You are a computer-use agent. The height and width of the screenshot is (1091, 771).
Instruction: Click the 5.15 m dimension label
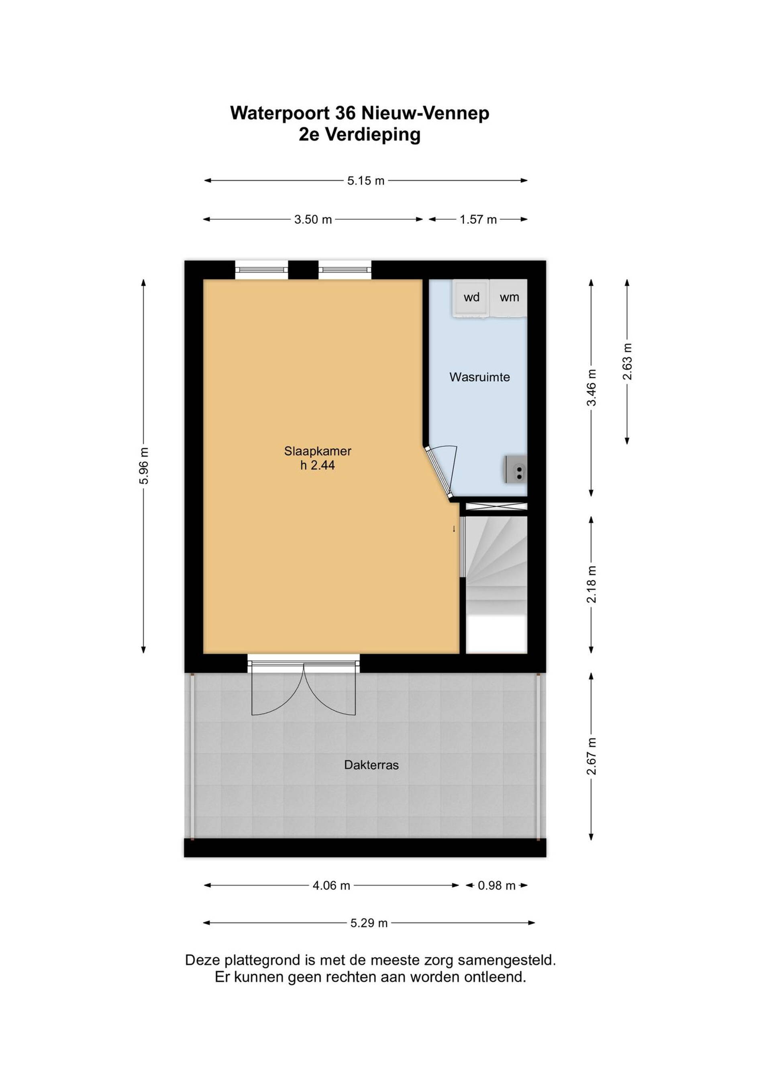point(365,180)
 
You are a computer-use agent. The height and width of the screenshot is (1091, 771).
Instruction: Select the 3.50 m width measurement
point(313,219)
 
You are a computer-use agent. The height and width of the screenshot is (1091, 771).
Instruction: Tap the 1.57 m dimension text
point(478,219)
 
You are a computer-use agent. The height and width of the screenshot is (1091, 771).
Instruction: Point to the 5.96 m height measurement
point(144,466)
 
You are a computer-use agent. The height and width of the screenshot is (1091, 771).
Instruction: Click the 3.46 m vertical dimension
point(592,388)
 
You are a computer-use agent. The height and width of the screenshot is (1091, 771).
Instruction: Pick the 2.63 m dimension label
point(628,361)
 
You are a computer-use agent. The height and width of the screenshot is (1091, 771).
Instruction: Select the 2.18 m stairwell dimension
point(592,584)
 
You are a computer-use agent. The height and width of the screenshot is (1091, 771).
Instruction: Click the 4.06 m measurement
point(331,886)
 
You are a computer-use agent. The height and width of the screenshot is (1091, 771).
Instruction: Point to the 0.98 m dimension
point(497,886)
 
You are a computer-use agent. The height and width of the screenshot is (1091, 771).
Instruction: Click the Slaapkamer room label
point(318,451)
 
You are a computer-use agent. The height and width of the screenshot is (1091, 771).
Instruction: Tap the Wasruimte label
point(479,377)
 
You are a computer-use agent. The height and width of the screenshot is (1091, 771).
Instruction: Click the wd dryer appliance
point(471,297)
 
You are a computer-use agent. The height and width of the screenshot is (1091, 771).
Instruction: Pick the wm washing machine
point(509,297)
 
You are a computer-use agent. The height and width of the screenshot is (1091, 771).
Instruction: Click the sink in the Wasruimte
point(516,469)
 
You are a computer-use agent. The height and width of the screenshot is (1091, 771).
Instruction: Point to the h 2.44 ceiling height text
point(317,466)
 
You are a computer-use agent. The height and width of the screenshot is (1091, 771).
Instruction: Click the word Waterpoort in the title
point(280,114)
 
